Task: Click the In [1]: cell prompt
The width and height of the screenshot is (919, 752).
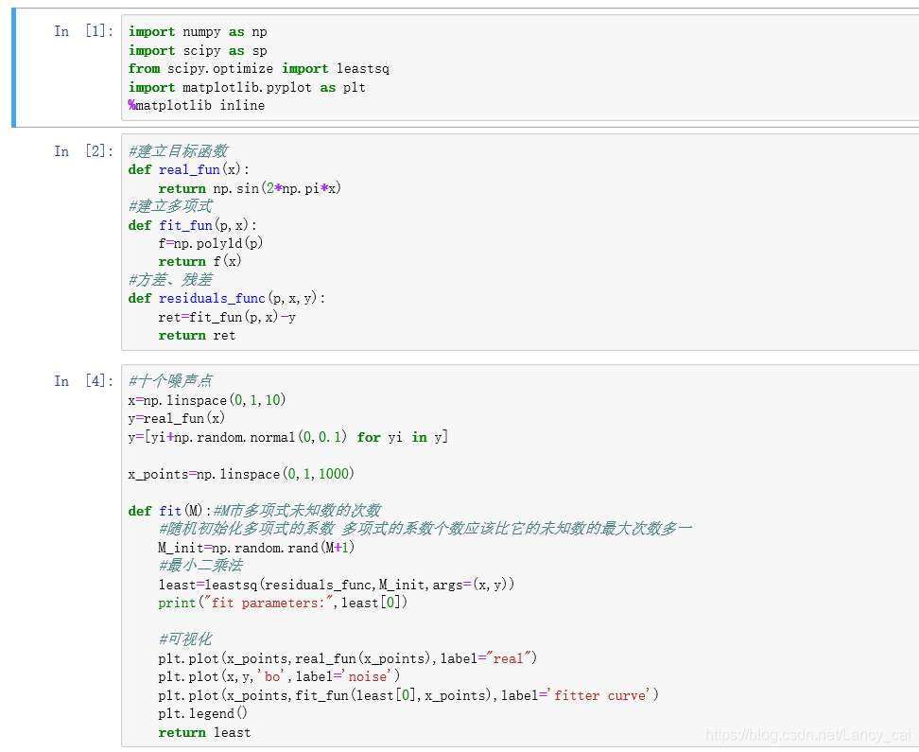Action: click(83, 31)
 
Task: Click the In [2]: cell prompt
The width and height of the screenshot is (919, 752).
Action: click(83, 150)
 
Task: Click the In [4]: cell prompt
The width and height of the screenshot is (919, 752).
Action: click(83, 380)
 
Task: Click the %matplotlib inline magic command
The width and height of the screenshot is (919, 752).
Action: click(197, 105)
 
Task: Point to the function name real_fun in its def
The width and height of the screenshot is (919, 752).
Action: click(189, 169)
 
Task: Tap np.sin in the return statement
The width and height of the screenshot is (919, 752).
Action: click(235, 188)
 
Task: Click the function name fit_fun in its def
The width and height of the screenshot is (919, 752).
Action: click(185, 225)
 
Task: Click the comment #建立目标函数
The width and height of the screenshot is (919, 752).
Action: click(178, 151)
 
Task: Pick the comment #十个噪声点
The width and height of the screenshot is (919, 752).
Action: click(170, 381)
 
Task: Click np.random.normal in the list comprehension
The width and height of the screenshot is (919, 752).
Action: click(251, 436)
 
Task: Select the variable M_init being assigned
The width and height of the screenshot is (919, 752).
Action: click(181, 548)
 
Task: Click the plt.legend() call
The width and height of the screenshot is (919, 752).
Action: click(202, 713)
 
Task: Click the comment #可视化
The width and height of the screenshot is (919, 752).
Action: click(185, 639)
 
